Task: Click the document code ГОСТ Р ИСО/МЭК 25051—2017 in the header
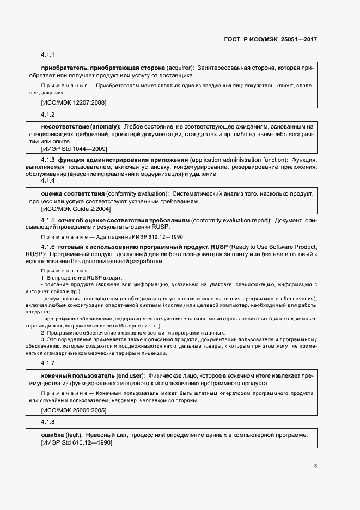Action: pos(271,40)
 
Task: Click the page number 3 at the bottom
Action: pos(315,466)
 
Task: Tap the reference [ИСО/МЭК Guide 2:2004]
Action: pos(76,209)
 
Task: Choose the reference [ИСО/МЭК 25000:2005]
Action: pos(74,410)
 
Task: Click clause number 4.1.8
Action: pos(48,422)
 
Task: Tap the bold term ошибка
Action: pos(53,435)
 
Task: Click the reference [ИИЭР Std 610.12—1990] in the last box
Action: pos(77,442)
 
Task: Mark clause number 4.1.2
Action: pos(48,114)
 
